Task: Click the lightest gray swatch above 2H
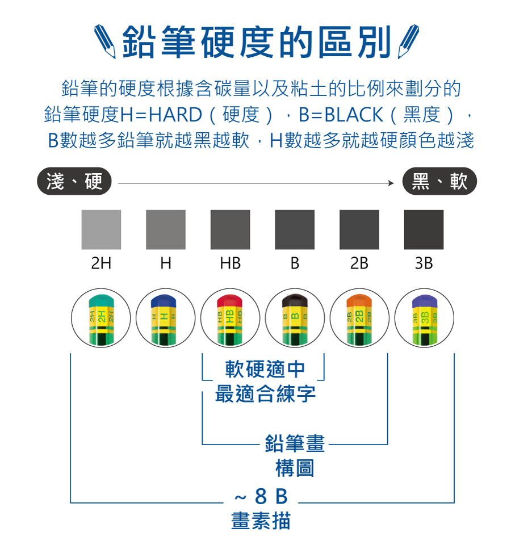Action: point(101,229)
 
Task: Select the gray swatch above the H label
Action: point(166,229)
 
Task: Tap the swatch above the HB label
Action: point(230,229)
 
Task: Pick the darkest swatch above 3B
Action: point(424,229)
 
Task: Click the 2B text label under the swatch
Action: point(359,264)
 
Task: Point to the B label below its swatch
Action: point(295,264)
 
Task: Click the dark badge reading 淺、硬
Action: point(74,182)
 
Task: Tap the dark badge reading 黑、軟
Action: point(439,182)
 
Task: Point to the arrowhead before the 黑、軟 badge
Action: point(390,183)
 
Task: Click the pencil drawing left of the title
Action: point(107,41)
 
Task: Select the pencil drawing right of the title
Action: point(408,41)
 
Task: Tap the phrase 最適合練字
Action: point(265,393)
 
